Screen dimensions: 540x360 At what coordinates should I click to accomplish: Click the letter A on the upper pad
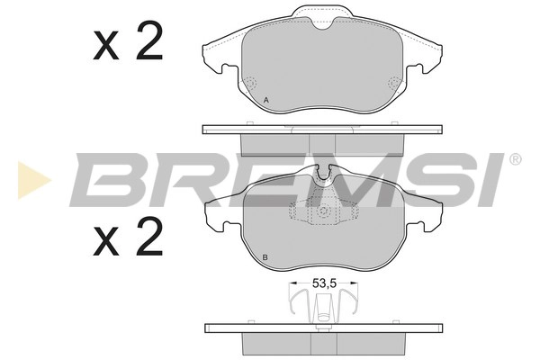265,100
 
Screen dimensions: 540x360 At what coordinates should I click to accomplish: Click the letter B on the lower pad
265,257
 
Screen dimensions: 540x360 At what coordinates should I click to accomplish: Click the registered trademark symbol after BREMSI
515,159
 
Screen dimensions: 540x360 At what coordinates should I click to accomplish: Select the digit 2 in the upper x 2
149,41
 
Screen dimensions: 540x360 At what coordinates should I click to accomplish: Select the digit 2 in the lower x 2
149,237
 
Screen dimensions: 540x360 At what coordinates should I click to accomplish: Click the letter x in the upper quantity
105,47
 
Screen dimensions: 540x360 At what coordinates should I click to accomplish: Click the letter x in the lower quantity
105,242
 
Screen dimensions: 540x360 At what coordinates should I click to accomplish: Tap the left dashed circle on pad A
250,83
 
